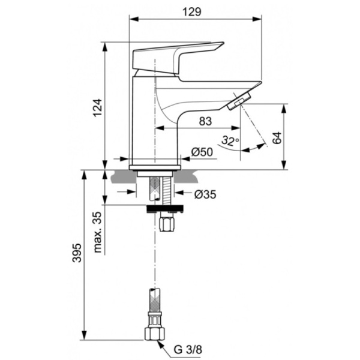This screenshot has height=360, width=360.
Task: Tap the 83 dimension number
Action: click(x=205, y=121)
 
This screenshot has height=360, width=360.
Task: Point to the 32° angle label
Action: click(x=229, y=142)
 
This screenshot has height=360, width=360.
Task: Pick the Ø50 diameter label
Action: click(x=203, y=153)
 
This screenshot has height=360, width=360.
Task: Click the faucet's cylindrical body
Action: click(x=144, y=120)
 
